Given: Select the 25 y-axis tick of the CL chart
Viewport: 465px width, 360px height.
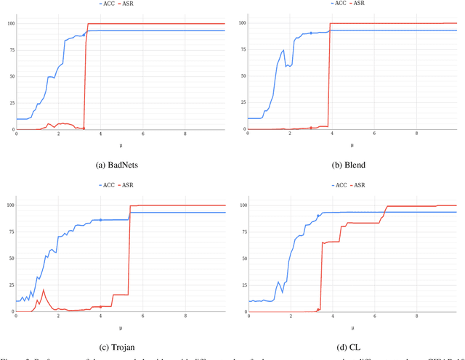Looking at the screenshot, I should pos(241,285).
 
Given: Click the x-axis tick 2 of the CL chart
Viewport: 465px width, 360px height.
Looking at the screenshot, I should pos(291,316).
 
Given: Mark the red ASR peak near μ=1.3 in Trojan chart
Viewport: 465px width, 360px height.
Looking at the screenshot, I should pos(43,290).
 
